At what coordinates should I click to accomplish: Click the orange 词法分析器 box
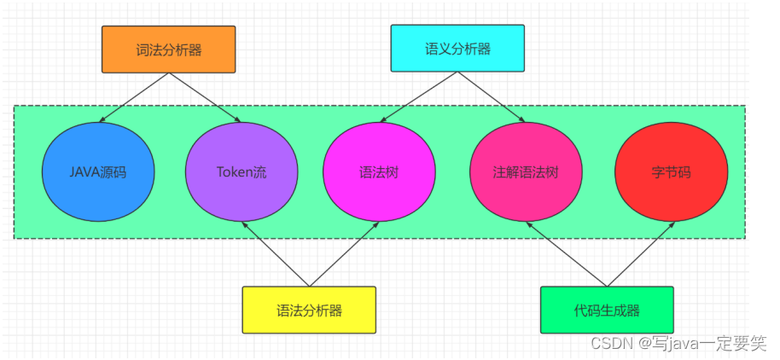[168, 49]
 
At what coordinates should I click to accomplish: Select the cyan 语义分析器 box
[457, 49]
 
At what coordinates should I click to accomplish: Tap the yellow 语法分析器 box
[309, 309]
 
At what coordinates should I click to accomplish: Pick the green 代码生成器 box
[607, 309]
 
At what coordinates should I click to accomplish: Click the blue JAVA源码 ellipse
[98, 171]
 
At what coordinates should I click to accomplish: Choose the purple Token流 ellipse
[241, 171]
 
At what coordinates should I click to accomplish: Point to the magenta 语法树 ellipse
[379, 171]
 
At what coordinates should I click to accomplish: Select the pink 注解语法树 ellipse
[526, 171]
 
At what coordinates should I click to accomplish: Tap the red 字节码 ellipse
[671, 171]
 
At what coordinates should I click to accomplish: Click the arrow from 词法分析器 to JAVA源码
[135, 97]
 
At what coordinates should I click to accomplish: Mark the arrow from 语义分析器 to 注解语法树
[494, 97]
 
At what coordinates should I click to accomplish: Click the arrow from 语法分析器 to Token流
[275, 254]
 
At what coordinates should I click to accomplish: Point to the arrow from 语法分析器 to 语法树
[344, 254]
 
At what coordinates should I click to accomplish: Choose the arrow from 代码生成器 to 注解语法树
[567, 254]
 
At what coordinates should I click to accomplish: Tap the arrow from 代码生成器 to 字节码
[641, 254]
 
